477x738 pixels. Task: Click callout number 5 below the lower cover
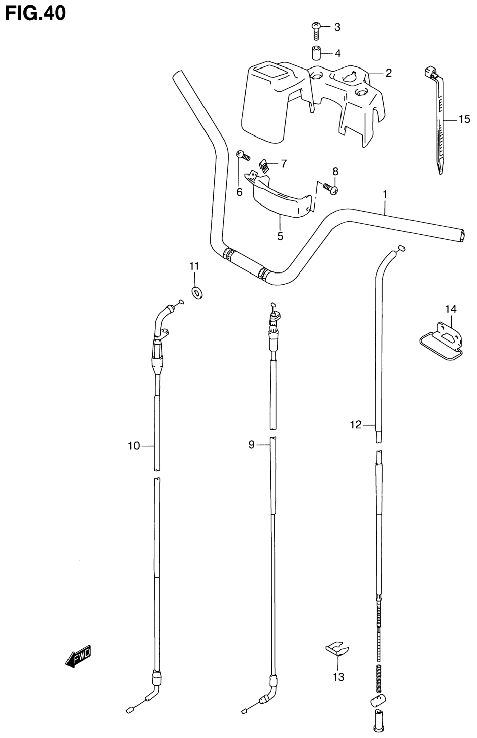tap(280, 236)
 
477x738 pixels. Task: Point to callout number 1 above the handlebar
tap(385, 195)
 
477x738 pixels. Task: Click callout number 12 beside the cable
tap(356, 425)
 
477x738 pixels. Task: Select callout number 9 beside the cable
tap(251, 445)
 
